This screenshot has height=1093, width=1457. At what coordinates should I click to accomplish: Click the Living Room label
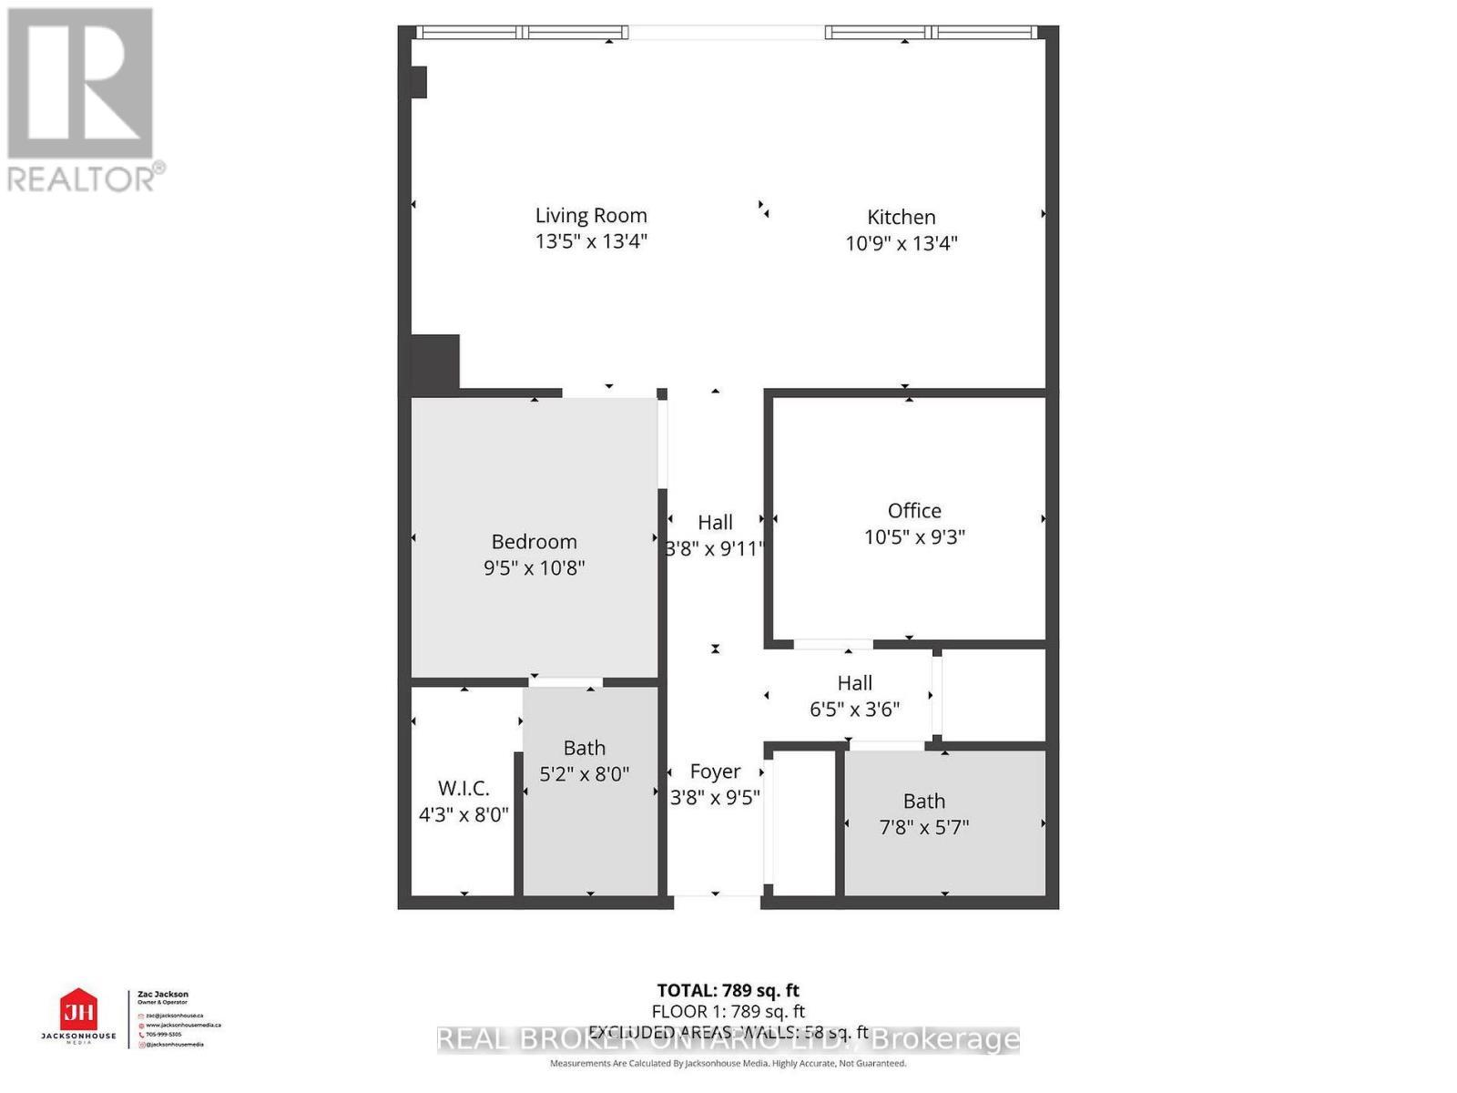(x=591, y=216)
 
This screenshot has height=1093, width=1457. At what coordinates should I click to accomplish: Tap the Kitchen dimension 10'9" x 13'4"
(x=901, y=243)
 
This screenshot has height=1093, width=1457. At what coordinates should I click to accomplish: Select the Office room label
(x=914, y=511)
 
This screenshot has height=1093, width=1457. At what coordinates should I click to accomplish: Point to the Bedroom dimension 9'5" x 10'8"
(x=534, y=568)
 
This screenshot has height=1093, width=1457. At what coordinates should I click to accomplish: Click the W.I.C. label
(x=464, y=789)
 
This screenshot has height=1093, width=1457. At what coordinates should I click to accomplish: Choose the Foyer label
(x=715, y=772)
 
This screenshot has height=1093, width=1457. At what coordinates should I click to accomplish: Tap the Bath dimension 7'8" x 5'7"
(x=923, y=827)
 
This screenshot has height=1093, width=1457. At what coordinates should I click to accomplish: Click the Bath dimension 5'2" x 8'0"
(x=584, y=774)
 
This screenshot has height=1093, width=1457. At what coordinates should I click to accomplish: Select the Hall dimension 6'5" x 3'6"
(x=854, y=710)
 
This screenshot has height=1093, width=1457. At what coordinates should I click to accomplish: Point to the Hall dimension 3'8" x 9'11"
(x=715, y=549)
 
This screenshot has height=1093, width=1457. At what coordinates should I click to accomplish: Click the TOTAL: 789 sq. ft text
(x=728, y=990)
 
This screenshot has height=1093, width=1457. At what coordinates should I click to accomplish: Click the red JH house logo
(x=78, y=1010)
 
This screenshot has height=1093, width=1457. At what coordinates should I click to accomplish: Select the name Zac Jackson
(x=162, y=995)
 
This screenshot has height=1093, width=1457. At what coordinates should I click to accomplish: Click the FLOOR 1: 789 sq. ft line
(x=728, y=1011)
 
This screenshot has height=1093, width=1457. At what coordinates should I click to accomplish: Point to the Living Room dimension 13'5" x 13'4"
(x=591, y=241)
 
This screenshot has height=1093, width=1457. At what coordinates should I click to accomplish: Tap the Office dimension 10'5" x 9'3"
(x=914, y=537)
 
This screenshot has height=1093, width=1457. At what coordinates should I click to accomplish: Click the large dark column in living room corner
(x=435, y=363)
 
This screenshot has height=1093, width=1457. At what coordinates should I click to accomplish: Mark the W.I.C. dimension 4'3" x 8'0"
(x=464, y=814)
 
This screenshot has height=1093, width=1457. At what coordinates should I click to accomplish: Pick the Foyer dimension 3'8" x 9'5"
(x=715, y=798)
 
